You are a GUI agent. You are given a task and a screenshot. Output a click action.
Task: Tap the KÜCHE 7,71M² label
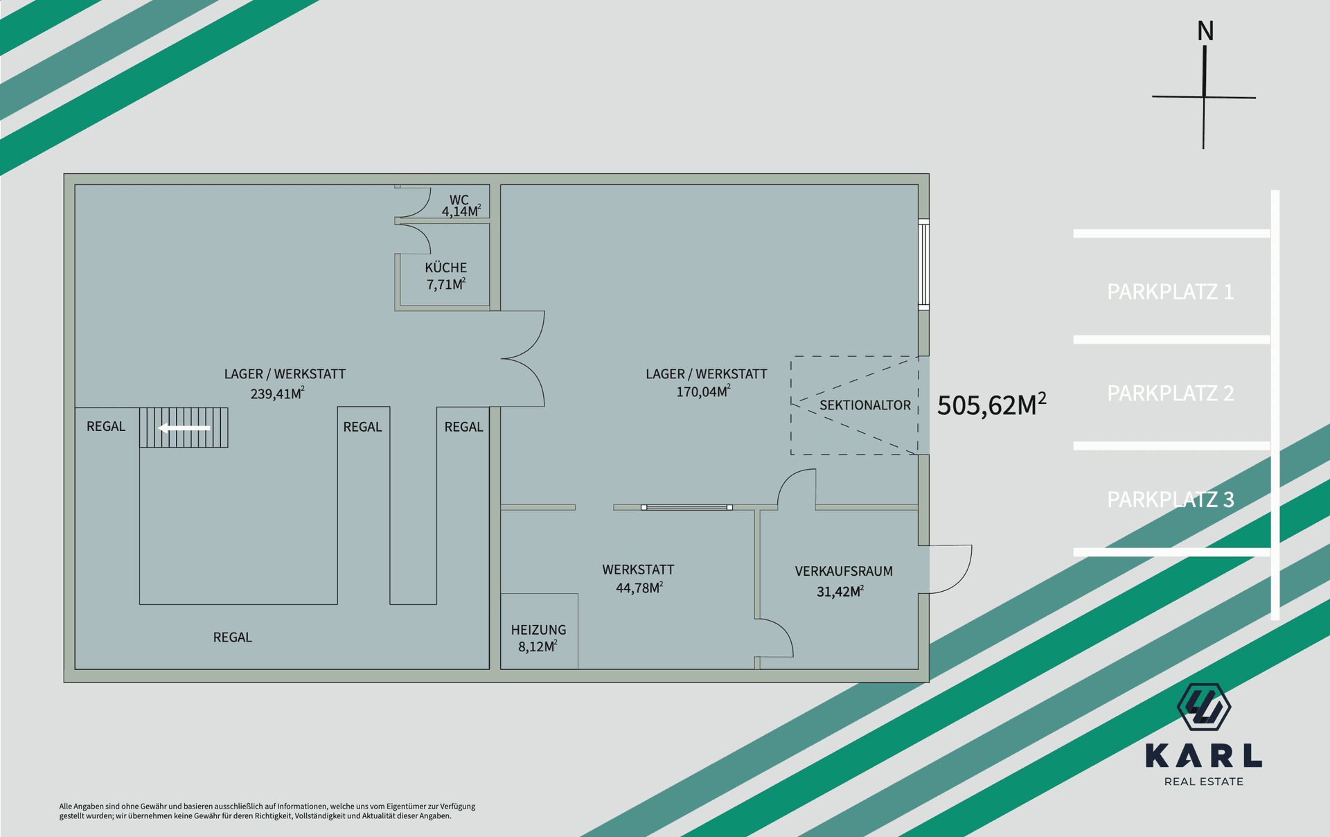pyautogui.click(x=446, y=276)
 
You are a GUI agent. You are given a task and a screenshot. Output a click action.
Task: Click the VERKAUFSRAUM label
pyautogui.click(x=844, y=572)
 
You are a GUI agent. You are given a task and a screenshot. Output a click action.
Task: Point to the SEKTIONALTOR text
pyautogui.click(x=865, y=405)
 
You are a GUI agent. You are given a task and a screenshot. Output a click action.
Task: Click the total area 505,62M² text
pyautogui.click(x=992, y=405)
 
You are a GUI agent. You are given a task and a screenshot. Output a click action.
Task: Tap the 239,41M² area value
pyautogui.click(x=277, y=394)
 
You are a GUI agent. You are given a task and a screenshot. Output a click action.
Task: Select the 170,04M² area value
pyautogui.click(x=704, y=391)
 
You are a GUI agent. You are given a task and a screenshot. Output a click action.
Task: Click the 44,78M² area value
pyautogui.click(x=639, y=588)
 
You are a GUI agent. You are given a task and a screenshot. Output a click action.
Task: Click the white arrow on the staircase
pyautogui.click(x=184, y=428)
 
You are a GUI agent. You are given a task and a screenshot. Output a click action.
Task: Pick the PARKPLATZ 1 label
pyautogui.click(x=1171, y=292)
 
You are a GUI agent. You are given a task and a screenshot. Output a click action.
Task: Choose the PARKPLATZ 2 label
pyautogui.click(x=1171, y=393)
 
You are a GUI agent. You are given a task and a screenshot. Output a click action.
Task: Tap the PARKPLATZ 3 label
pyautogui.click(x=1171, y=499)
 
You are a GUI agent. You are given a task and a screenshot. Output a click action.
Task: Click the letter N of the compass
pyautogui.click(x=1205, y=31)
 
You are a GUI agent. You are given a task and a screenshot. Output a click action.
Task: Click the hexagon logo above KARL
pyautogui.click(x=1204, y=707)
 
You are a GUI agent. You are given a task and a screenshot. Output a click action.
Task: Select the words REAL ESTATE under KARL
pyautogui.click(x=1204, y=782)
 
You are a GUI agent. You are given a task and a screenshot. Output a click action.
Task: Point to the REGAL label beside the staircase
pyautogui.click(x=106, y=427)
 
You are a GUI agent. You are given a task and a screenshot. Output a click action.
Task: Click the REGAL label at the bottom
pyautogui.click(x=233, y=637)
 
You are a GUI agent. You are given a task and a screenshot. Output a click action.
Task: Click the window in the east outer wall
pyautogui.click(x=924, y=264)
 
